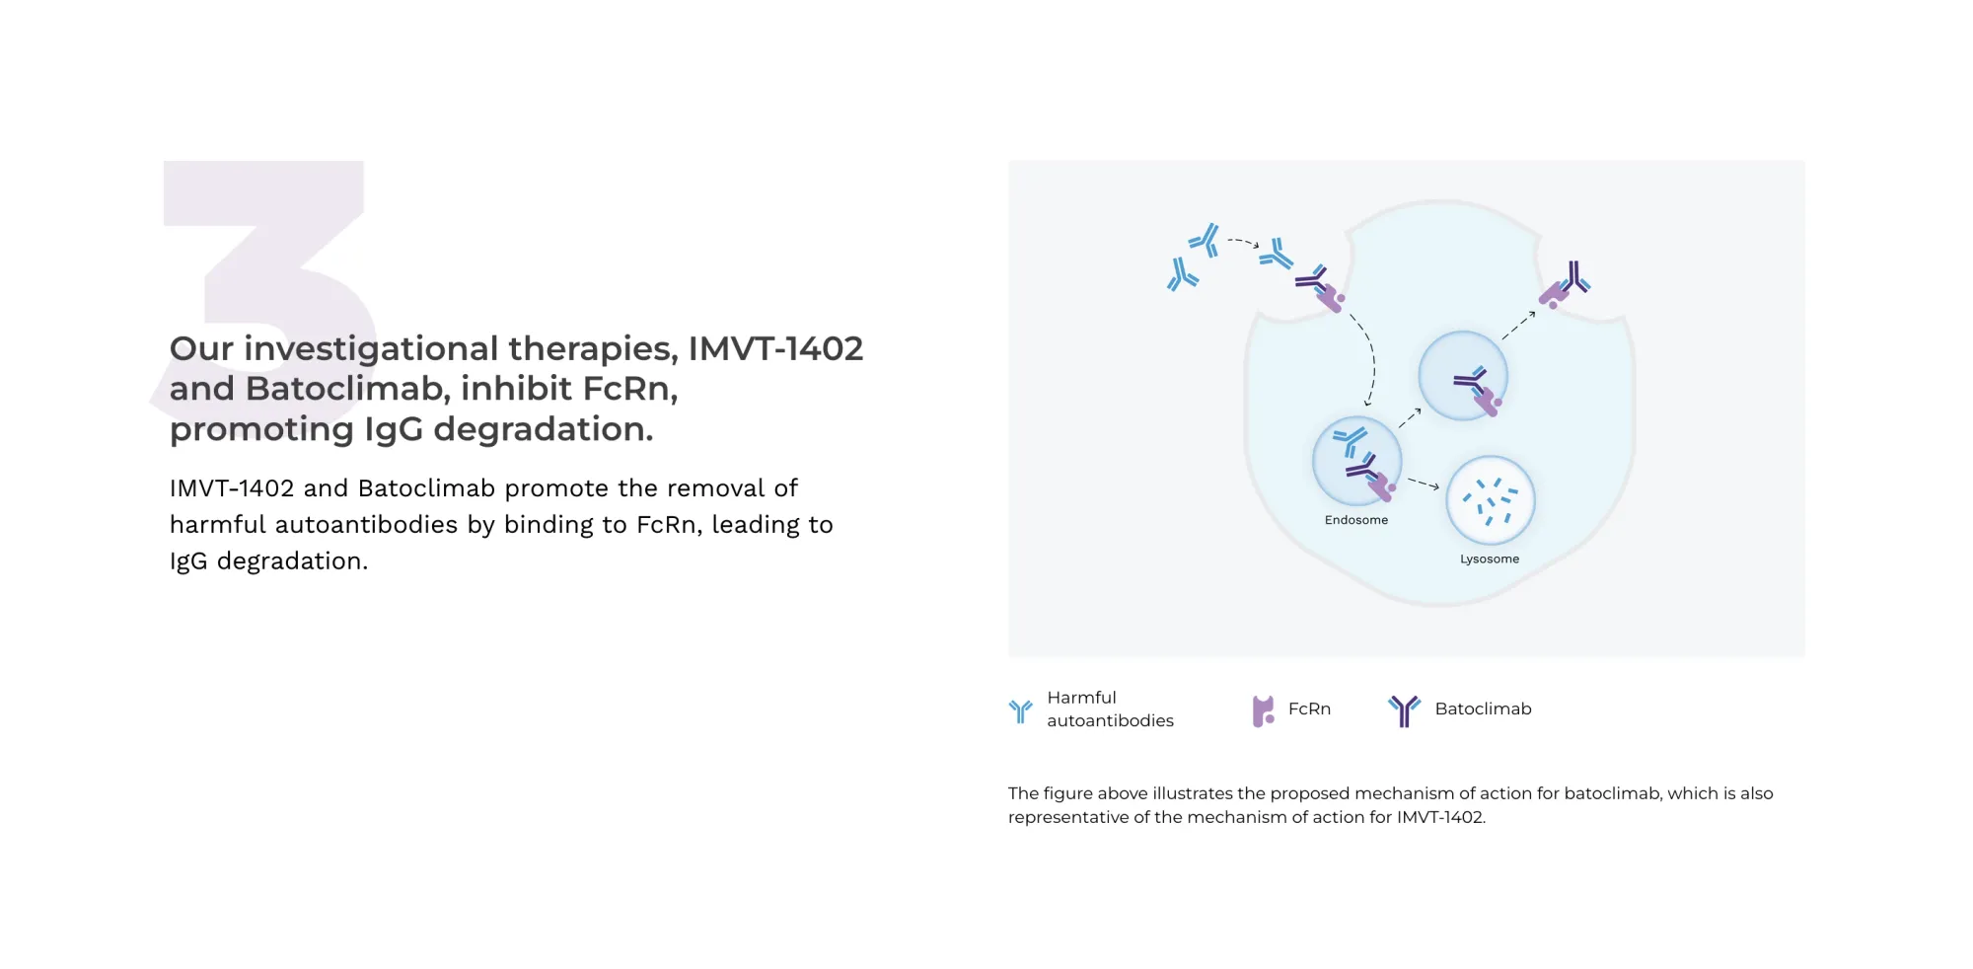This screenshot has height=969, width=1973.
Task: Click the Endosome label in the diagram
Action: tap(1355, 520)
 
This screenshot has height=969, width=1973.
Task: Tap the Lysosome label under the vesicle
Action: tap(1489, 559)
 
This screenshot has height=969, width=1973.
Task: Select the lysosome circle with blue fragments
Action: tap(1490, 500)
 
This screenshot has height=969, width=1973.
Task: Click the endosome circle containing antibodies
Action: tap(1356, 461)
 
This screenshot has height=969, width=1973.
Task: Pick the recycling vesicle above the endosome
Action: tap(1462, 376)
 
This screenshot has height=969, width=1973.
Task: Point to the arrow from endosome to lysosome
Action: tap(1423, 483)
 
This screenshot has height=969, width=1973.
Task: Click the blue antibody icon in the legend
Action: tap(1020, 709)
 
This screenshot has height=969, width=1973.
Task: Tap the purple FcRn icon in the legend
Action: tap(1262, 710)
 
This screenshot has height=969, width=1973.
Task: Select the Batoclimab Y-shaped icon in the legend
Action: tap(1403, 709)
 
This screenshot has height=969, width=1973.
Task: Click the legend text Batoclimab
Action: tap(1482, 708)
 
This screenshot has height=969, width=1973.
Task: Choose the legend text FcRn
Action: tap(1308, 708)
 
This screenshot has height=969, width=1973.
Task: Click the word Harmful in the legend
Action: tap(1081, 698)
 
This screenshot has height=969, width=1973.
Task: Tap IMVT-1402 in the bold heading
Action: tap(774, 348)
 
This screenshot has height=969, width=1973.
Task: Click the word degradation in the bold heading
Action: tap(542, 429)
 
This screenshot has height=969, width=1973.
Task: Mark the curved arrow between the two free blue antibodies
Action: tap(1243, 241)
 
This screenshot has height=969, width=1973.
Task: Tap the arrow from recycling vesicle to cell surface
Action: tap(1518, 326)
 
